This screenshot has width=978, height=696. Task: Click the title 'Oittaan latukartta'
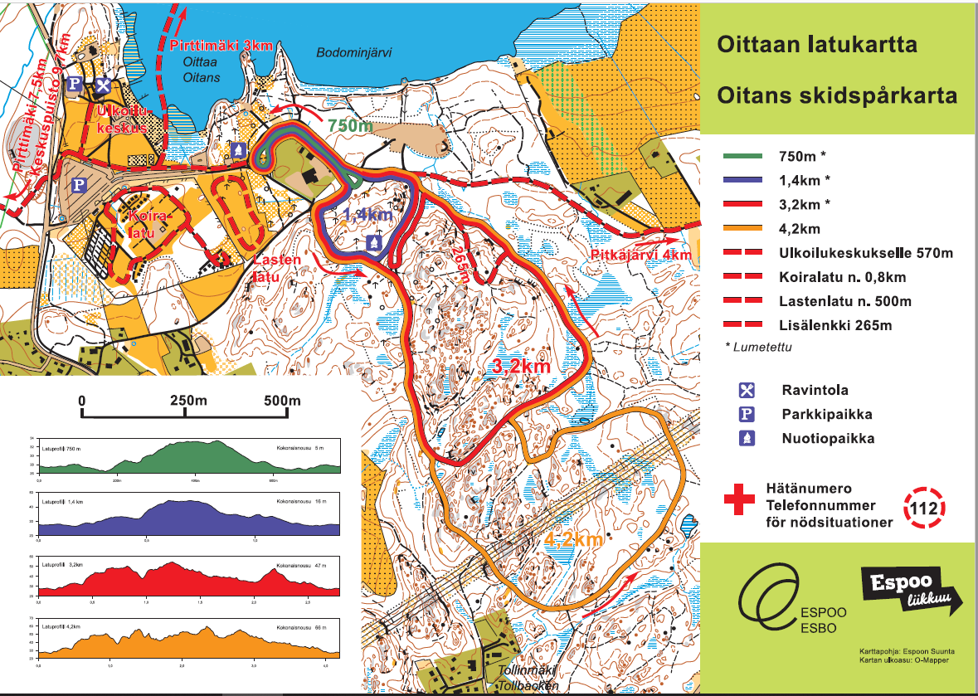click(x=817, y=44)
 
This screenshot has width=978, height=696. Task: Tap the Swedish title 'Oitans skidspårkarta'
click(x=837, y=96)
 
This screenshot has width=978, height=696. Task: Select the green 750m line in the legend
click(x=747, y=157)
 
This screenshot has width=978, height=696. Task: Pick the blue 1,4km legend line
click(x=747, y=181)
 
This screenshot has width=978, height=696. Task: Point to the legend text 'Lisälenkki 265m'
click(x=833, y=325)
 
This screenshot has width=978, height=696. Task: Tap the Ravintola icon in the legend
click(x=747, y=390)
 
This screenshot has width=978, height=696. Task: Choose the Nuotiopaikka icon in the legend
click(x=747, y=438)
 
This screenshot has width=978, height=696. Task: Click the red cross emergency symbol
click(x=739, y=501)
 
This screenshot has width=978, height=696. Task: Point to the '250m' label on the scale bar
click(x=188, y=401)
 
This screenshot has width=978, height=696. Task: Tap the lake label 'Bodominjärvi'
click(x=353, y=52)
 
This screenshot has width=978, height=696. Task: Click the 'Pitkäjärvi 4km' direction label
click(x=640, y=255)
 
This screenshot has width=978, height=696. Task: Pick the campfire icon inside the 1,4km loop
click(x=375, y=243)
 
